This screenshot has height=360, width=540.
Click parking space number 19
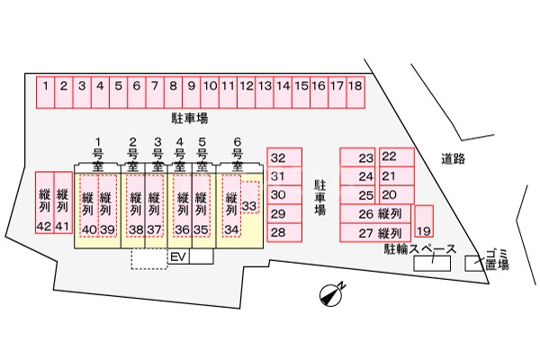pyautogui.click(x=423, y=222)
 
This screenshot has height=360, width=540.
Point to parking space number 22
pyautogui.click(x=397, y=157)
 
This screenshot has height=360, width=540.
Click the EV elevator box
pyautogui.click(x=178, y=256)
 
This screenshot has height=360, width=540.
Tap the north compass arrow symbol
pyautogui.click(x=333, y=293)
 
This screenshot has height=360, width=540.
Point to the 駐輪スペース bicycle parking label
pyautogui.click(x=419, y=249)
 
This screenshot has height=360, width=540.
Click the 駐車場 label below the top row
pyautogui.click(x=190, y=118)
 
